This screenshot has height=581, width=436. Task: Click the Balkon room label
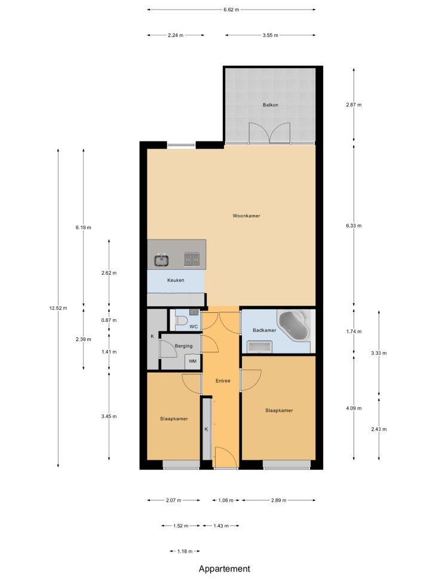tap(271, 105)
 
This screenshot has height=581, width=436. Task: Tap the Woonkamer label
tap(246, 216)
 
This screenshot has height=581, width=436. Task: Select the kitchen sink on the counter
tap(161, 260)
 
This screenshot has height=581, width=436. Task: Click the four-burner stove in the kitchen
tap(192, 259)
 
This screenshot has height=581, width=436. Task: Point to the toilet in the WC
tap(181, 321)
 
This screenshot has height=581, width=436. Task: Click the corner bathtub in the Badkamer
tap(294, 325)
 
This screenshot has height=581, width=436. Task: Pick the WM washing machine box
tap(193, 361)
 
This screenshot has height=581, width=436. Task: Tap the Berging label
tap(183, 346)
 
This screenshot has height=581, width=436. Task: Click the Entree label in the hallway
tap(223, 381)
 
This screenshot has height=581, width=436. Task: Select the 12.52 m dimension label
tap(58, 308)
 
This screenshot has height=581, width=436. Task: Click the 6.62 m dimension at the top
tap(231, 10)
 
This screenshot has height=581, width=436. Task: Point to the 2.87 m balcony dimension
tap(354, 105)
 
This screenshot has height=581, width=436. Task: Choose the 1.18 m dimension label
tap(185, 551)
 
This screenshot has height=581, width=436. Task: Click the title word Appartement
tap(225, 569)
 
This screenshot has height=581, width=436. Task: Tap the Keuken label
tap(176, 280)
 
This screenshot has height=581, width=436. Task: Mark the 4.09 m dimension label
tap(354, 408)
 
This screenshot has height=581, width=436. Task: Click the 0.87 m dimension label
tap(109, 320)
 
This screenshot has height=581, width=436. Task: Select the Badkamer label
tap(265, 330)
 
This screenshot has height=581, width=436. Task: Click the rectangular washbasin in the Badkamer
tap(260, 348)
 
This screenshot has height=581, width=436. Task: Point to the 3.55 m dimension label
tap(271, 35)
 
